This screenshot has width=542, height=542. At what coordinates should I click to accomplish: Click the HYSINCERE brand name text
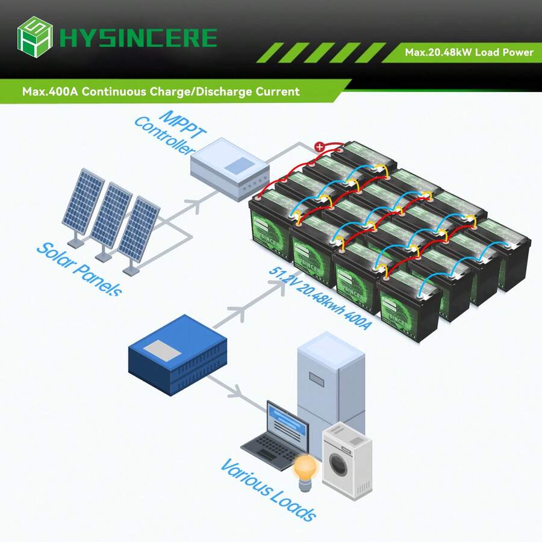click(139, 37)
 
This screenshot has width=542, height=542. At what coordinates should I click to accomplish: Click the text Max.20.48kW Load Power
click(469, 52)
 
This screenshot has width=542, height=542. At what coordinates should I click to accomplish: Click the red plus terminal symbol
click(320, 146)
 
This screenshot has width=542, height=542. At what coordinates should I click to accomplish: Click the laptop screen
click(288, 420)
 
